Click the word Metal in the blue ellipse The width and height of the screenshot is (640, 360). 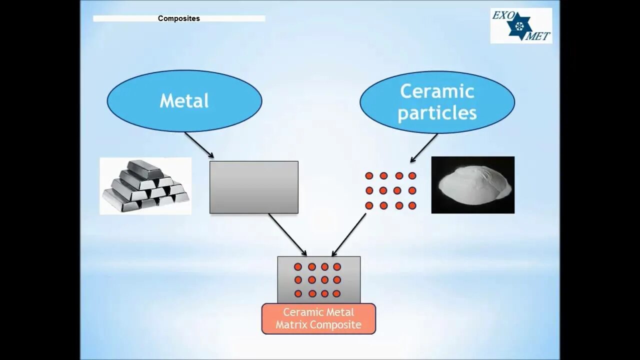(184, 101)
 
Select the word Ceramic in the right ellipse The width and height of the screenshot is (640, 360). (437, 91)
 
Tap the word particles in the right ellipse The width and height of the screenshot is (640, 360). (437, 113)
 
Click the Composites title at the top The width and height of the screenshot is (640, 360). (178, 18)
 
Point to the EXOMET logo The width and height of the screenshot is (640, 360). (521, 25)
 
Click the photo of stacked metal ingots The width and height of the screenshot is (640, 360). (145, 186)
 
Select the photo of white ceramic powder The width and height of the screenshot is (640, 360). (473, 185)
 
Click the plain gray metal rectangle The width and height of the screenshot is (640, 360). (254, 187)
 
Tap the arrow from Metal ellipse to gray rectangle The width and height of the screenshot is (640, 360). (198, 145)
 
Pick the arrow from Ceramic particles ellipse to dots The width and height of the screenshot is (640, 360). (424, 148)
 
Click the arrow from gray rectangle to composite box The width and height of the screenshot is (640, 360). (287, 234)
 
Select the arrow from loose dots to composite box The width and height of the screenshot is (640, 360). (349, 234)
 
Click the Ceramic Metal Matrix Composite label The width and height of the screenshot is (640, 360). (318, 318)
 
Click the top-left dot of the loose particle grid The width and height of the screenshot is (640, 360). (369, 176)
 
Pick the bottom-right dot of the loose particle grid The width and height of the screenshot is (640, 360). (412, 205)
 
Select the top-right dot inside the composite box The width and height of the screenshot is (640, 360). (337, 267)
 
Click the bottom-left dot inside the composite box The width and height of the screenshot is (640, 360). (298, 293)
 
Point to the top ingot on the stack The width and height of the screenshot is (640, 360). (144, 168)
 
